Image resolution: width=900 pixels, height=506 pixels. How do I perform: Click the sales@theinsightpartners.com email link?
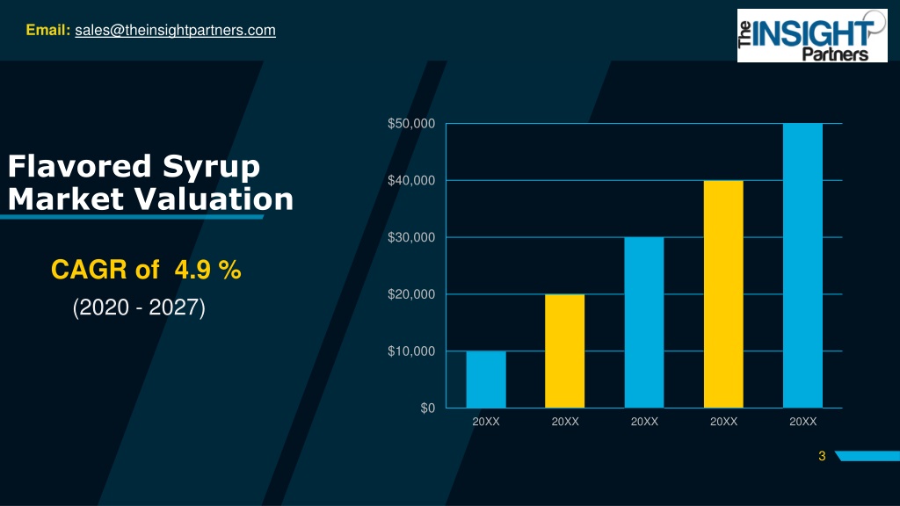coord(175,31)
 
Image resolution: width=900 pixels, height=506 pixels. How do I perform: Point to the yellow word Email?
coord(48,30)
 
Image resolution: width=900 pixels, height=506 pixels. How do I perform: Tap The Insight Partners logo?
coord(811,35)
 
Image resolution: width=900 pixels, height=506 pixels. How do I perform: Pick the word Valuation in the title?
coord(214,199)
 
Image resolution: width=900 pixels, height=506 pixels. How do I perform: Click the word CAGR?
coord(89,269)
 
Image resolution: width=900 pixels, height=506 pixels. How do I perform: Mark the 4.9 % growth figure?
coord(207,269)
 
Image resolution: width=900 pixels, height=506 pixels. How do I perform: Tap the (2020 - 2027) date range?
coord(139,307)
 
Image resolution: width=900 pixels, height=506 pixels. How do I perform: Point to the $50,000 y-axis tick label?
coord(411,123)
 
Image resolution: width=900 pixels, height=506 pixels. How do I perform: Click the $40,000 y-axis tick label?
coord(411,180)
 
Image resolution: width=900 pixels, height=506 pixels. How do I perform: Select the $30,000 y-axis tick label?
coord(411,237)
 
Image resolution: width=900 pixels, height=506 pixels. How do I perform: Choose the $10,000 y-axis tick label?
coord(411,351)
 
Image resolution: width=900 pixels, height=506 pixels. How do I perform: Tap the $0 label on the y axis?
coord(428,408)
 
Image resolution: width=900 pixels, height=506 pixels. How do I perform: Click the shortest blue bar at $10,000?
coord(486,379)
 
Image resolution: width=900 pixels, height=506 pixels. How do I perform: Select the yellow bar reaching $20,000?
coord(565,351)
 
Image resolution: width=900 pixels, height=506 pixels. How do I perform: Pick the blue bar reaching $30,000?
coord(644,322)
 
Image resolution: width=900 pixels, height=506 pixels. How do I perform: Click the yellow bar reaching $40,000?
coord(723,294)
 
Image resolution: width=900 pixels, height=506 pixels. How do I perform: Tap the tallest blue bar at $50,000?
coord(802,265)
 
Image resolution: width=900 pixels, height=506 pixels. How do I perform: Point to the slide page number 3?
coord(822,456)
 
